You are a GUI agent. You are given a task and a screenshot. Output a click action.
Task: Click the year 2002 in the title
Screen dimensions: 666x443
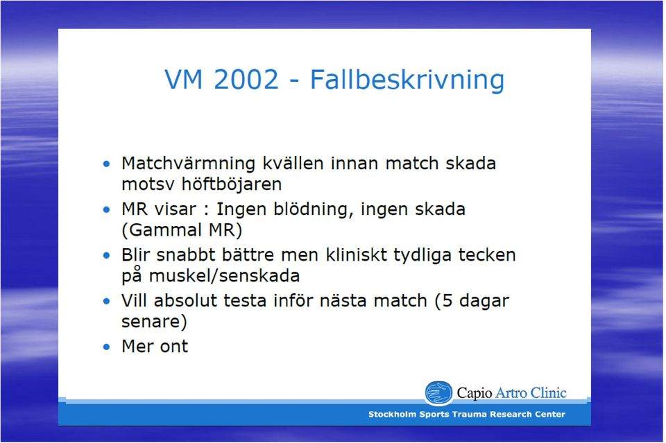[x=246, y=79]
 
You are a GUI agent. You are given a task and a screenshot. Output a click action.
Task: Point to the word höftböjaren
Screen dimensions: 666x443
[x=232, y=184]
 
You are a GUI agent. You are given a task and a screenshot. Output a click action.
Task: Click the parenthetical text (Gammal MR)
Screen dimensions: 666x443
[x=182, y=230]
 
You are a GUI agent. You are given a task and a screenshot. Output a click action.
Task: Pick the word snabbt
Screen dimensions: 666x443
[x=185, y=255]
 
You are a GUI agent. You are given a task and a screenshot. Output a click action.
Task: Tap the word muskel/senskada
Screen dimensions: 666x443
[x=225, y=276]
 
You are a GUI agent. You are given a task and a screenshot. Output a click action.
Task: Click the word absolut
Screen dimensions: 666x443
[x=186, y=300]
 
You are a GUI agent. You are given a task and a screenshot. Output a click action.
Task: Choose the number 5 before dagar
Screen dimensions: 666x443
[x=447, y=301]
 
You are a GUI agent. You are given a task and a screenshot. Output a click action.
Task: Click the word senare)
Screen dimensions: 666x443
[x=154, y=322]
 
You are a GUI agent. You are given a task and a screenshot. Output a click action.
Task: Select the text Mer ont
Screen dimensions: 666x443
[x=155, y=346]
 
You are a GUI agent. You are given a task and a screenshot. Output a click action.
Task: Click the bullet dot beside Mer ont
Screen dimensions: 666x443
[x=106, y=347]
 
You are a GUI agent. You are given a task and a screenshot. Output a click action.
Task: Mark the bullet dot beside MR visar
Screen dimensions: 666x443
[x=106, y=209]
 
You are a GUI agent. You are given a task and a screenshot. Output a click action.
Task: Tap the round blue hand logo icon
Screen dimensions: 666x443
[x=438, y=392]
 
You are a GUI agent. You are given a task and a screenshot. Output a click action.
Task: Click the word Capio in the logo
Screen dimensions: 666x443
[x=475, y=393]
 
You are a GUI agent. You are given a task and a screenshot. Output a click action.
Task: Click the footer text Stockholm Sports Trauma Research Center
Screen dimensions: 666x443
[x=467, y=414]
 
